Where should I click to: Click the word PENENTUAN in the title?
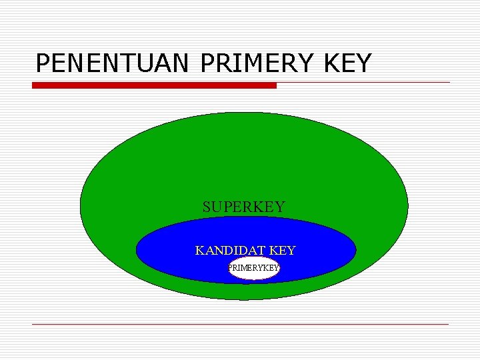tap(113, 63)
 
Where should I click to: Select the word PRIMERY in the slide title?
tap(256, 63)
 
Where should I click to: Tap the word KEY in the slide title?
tap(345, 63)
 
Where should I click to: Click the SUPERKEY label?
tap(243, 207)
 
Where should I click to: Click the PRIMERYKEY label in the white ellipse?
tap(253, 268)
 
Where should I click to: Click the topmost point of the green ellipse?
tap(244, 112)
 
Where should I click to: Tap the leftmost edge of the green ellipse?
tap(81, 206)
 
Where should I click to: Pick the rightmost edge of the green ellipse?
tap(408, 206)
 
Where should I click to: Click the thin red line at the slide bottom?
tap(240, 324)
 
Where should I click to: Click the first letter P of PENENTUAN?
tap(43, 63)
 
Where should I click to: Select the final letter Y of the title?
tap(363, 63)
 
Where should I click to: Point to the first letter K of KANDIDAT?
tap(199, 251)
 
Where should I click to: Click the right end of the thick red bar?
tap(275, 85)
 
